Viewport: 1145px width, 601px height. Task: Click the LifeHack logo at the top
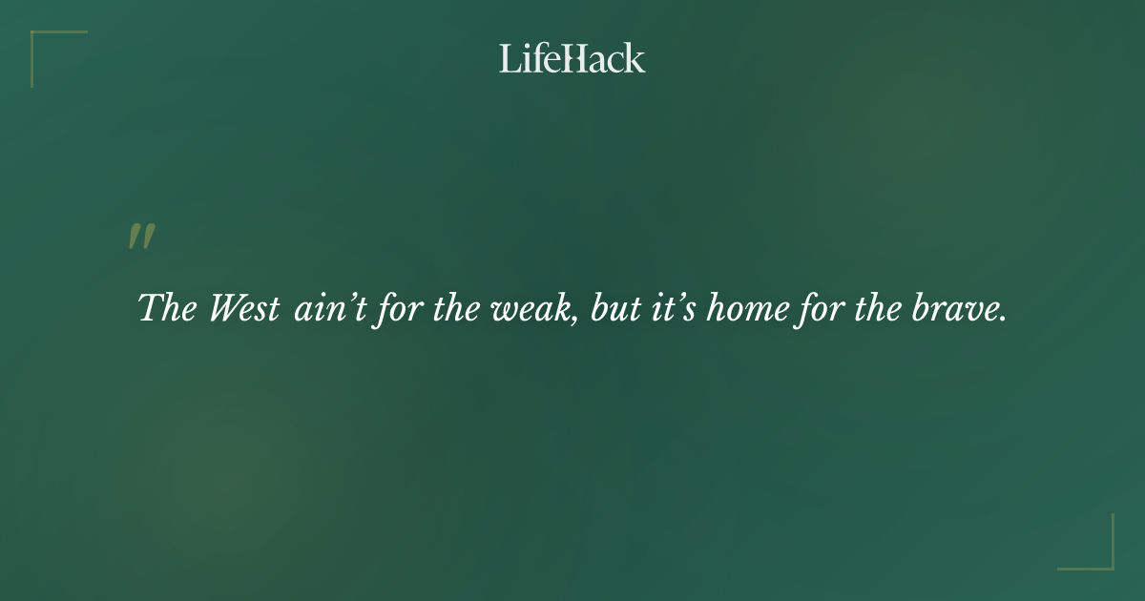click(x=572, y=58)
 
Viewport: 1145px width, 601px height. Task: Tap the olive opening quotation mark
click(x=141, y=238)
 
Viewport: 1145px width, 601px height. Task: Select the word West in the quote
click(x=244, y=309)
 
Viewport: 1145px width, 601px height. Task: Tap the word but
click(x=614, y=309)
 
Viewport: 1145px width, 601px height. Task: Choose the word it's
click(x=672, y=309)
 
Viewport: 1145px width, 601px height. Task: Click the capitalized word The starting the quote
click(x=167, y=309)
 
